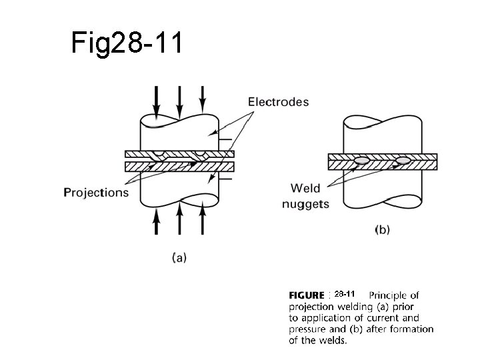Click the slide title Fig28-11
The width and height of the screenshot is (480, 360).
click(x=125, y=44)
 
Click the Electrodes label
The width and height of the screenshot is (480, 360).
click(x=278, y=102)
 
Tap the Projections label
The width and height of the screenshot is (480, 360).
click(x=96, y=193)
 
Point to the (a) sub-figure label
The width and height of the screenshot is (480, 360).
click(x=179, y=258)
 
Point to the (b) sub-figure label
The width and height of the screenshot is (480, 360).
click(x=382, y=229)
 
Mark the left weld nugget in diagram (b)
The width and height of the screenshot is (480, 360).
click(x=363, y=161)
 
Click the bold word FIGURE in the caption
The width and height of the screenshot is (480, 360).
click(x=307, y=295)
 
